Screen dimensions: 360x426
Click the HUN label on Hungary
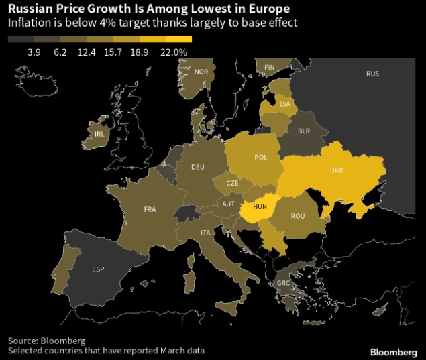click(260, 207)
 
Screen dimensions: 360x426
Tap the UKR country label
click(336, 170)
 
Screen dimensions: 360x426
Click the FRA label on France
click(150, 209)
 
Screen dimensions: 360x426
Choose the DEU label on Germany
click(197, 167)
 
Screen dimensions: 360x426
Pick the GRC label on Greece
click(284, 283)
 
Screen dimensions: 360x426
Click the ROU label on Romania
click(298, 216)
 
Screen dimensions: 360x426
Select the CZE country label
click(232, 182)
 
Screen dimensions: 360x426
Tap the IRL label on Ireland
click(100, 134)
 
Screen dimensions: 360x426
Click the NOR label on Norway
click(200, 72)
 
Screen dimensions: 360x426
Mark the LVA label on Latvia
click(285, 104)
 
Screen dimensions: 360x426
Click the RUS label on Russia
click(372, 73)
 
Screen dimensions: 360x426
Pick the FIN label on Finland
click(270, 68)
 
